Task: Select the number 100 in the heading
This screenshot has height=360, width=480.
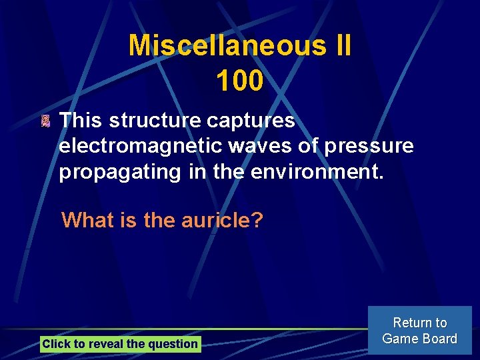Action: click(x=239, y=81)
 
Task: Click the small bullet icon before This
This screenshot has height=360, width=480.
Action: click(x=45, y=121)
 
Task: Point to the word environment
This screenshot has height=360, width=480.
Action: click(x=317, y=171)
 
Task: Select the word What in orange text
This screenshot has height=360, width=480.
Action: click(x=88, y=220)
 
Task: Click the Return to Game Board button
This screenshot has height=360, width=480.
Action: click(x=419, y=331)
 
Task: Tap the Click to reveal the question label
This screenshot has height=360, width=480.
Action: click(x=120, y=344)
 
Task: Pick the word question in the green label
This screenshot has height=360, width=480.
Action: click(x=174, y=344)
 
